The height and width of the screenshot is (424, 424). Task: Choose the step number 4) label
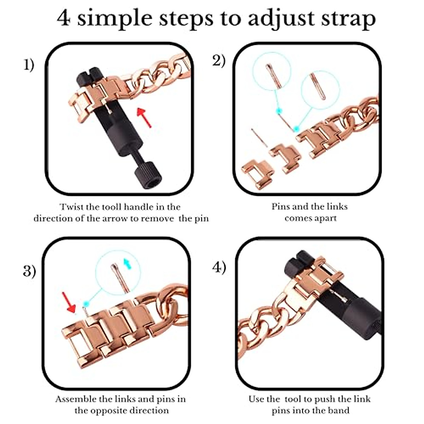tap(219, 267)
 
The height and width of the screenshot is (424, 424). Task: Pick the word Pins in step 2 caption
tap(281, 206)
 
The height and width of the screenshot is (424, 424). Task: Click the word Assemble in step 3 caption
tap(76, 399)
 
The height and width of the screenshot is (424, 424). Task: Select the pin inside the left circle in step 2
tap(274, 75)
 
